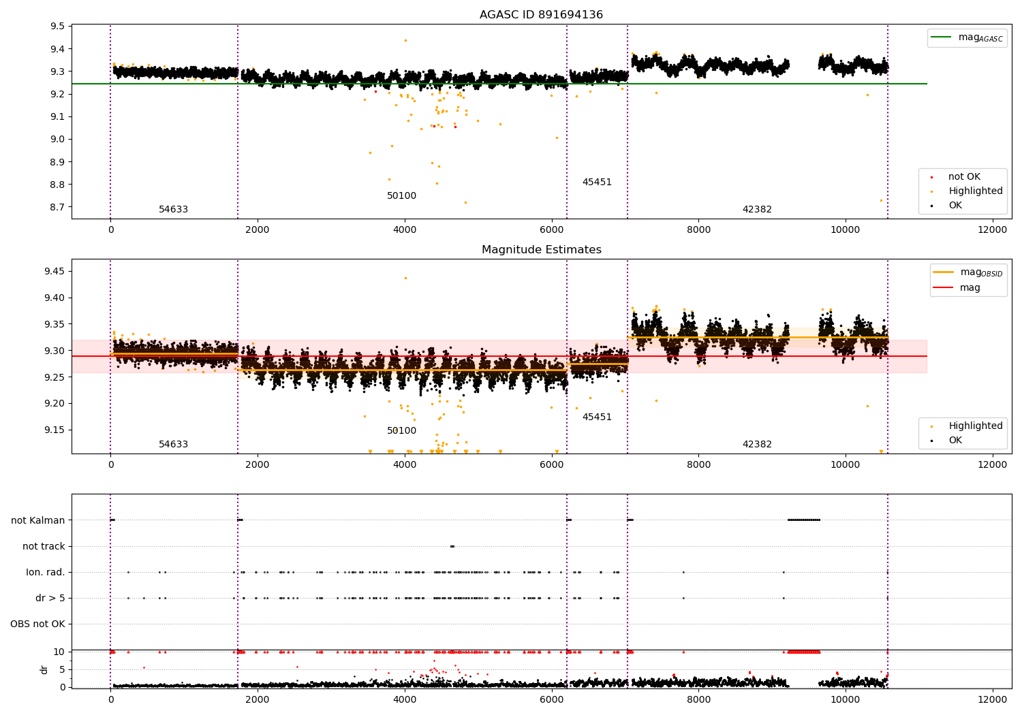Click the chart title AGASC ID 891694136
tap(541, 14)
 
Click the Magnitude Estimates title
tap(542, 249)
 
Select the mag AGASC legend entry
tap(967, 37)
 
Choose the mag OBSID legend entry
tap(967, 272)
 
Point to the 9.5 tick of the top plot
tap(57, 26)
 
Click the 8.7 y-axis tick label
tap(57, 207)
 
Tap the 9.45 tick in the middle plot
tap(55, 271)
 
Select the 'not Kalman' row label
tap(38, 520)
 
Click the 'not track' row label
tap(44, 546)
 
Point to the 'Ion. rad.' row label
tap(45, 572)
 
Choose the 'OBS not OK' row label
tap(37, 624)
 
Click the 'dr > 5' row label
tap(50, 599)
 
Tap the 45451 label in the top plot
tap(597, 182)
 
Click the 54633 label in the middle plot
tap(173, 444)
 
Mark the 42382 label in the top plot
tap(757, 209)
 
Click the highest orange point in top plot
tap(405, 41)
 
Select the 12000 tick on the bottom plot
tap(992, 699)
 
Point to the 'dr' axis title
tap(44, 670)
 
